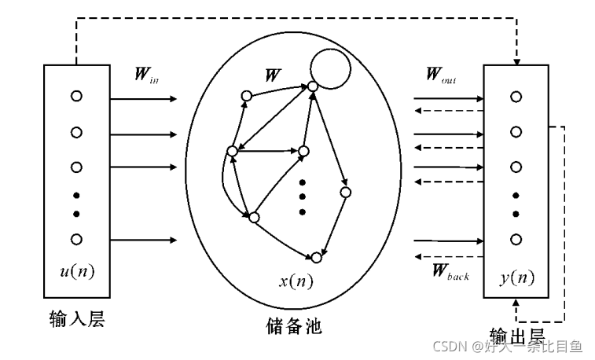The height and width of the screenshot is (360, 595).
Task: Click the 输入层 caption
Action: coord(76,318)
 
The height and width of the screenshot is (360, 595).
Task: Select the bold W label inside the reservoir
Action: coord(274,76)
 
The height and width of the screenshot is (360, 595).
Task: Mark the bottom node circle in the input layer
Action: coord(76,239)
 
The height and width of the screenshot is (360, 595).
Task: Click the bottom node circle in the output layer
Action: coord(516,239)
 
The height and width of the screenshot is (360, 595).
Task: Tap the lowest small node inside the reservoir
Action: coord(317,257)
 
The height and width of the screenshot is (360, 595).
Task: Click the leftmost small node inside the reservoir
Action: coord(231,151)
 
